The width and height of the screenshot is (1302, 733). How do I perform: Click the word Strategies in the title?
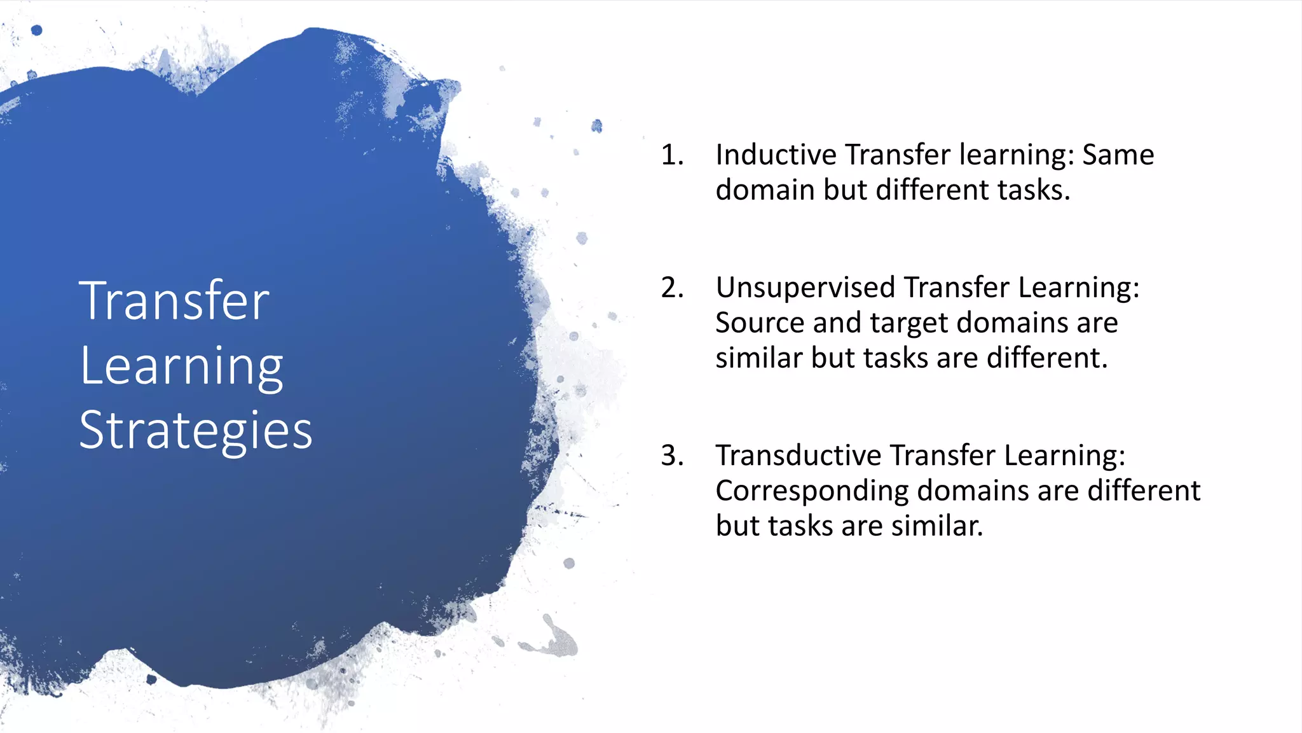(x=195, y=431)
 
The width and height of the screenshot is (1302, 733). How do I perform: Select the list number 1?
(x=672, y=155)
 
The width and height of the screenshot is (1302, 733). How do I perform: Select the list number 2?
(x=672, y=288)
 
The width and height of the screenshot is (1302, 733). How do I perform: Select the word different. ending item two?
(x=1047, y=358)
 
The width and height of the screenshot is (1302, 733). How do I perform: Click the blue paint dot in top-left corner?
(x=36, y=30)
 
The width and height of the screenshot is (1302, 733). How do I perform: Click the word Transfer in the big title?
(x=174, y=301)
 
